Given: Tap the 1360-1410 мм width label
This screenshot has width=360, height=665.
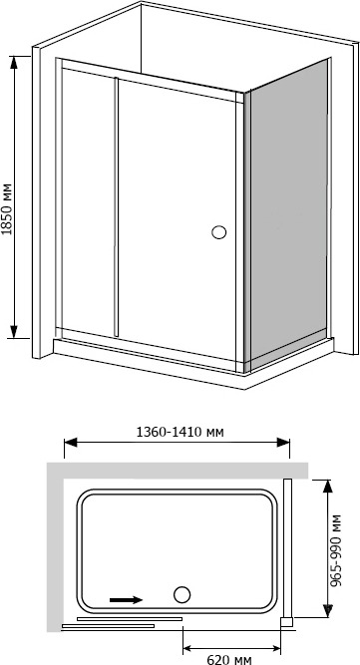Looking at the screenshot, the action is pyautogui.click(x=180, y=432).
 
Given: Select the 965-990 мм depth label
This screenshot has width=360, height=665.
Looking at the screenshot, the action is pyautogui.click(x=336, y=550).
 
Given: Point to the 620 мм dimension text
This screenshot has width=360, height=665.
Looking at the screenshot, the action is pyautogui.click(x=229, y=659).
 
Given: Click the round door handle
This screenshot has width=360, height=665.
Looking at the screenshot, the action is pyautogui.click(x=218, y=232).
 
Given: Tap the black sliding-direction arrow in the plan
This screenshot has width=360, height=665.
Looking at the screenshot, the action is pyautogui.click(x=126, y=599).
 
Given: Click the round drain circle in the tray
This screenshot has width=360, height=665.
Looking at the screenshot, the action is pyautogui.click(x=181, y=594).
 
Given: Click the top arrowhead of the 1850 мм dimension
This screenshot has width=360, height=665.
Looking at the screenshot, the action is pyautogui.click(x=14, y=63).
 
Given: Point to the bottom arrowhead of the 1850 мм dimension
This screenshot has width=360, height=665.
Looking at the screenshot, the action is pyautogui.click(x=14, y=332).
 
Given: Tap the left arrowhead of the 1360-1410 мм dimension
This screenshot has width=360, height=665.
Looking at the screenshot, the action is pyautogui.click(x=71, y=443).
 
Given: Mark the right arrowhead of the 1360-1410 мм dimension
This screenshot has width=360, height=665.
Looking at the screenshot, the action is pyautogui.click(x=283, y=443).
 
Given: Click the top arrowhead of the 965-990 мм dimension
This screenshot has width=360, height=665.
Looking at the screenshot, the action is pyautogui.click(x=327, y=487).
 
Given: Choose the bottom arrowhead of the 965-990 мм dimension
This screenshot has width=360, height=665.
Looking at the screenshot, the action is pyautogui.click(x=327, y=610).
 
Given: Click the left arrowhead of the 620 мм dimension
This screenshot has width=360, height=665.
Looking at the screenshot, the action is pyautogui.click(x=189, y=648).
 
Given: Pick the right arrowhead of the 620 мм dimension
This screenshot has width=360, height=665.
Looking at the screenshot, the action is pyautogui.click(x=274, y=648).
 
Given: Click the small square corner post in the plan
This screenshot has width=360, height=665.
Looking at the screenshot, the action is pyautogui.click(x=286, y=622).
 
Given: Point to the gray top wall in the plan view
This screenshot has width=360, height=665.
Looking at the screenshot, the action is pyautogui.click(x=178, y=471).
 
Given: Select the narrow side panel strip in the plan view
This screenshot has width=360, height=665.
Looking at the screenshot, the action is pyautogui.click(x=287, y=548).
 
